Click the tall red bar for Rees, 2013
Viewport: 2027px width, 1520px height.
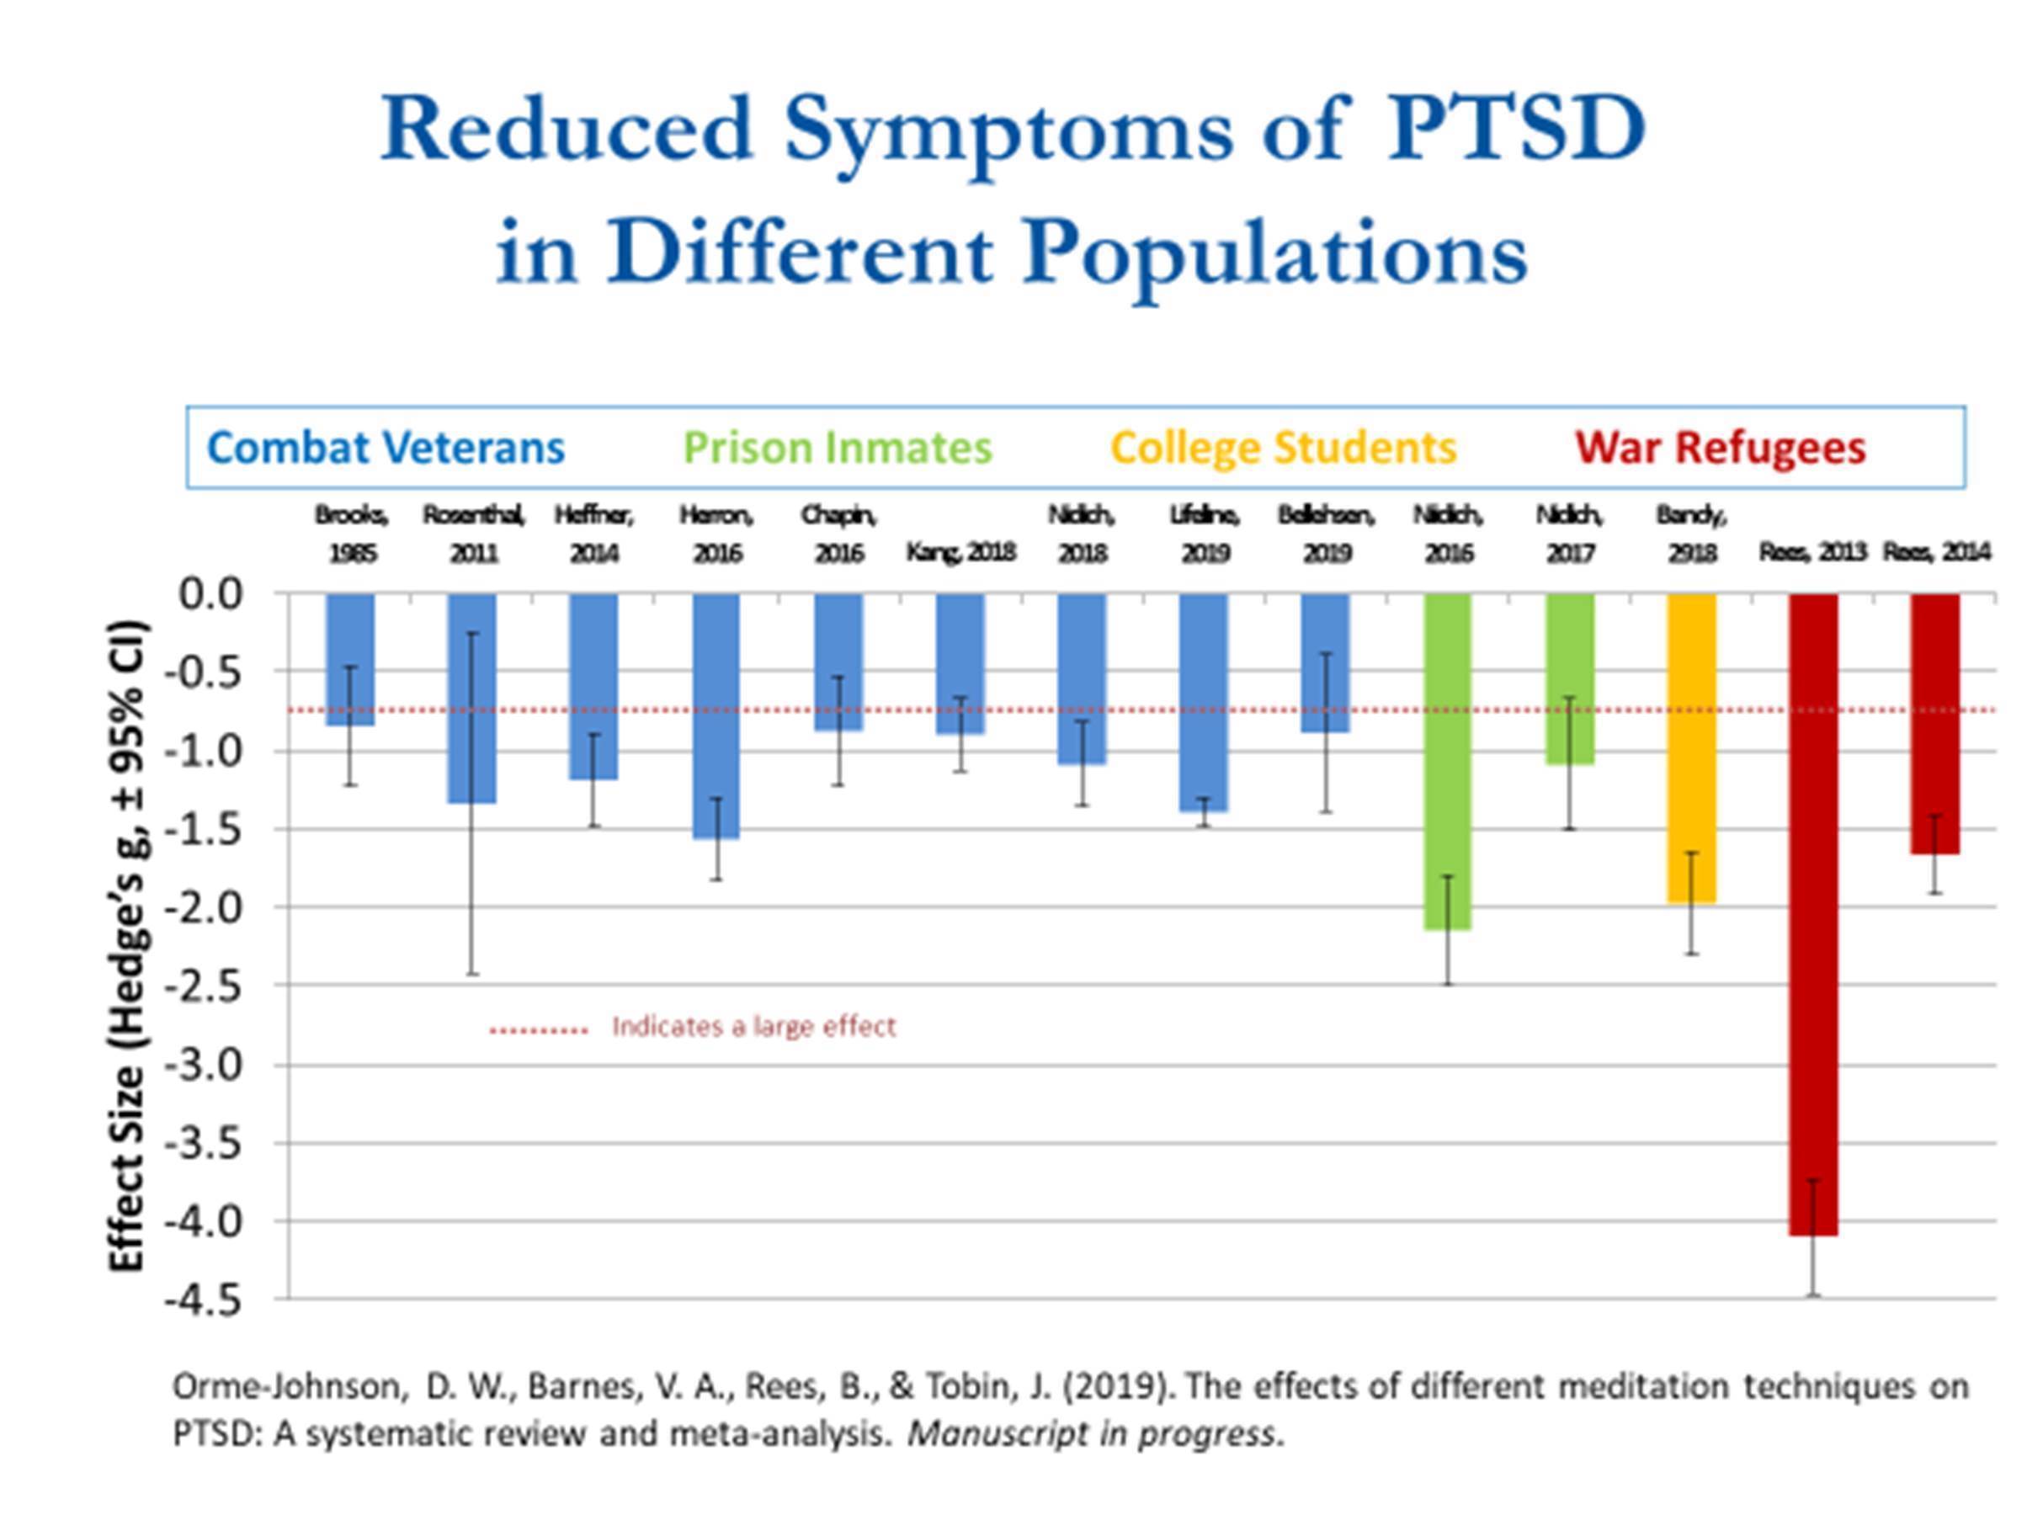tap(1812, 917)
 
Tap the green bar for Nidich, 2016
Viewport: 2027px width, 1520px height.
tap(1448, 761)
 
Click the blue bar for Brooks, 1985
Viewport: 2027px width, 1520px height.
tap(350, 660)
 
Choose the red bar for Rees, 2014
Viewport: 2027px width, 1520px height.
tap(1934, 724)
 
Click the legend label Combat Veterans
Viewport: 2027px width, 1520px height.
tap(386, 448)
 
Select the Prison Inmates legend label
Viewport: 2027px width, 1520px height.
tap(838, 448)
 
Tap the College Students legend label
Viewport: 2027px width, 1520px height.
tap(1283, 448)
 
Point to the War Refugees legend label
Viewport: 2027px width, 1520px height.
tap(1720, 448)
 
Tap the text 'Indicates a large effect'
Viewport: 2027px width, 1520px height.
tap(753, 1026)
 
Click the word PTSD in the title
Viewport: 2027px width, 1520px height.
tap(1517, 128)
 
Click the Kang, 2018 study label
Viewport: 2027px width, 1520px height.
tap(960, 551)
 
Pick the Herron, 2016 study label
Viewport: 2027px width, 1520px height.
tap(716, 534)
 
